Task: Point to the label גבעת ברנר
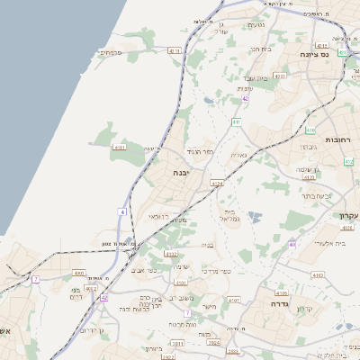click(316, 194)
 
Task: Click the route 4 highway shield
click(122, 211)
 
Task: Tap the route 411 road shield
click(236, 121)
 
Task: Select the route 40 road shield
click(292, 244)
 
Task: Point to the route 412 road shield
click(349, 161)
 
